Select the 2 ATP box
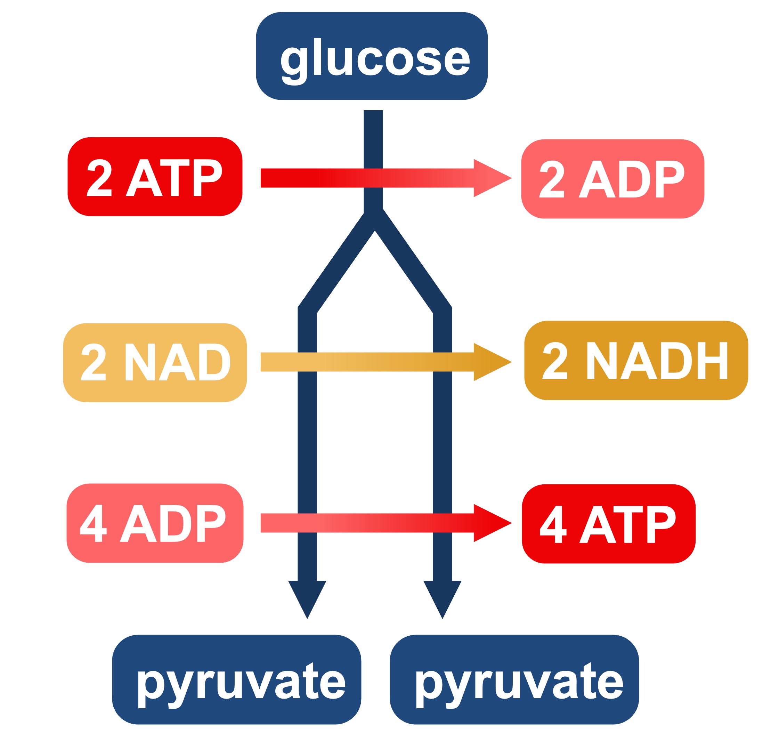(x=155, y=176)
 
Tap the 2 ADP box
(x=612, y=179)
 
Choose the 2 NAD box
(x=155, y=363)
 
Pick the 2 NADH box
(x=636, y=360)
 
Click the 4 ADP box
(x=155, y=523)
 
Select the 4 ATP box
(x=608, y=524)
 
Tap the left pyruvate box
(x=236, y=679)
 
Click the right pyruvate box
(x=514, y=679)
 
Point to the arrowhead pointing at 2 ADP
(x=490, y=178)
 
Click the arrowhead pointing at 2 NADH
(x=490, y=362)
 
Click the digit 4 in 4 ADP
(x=94, y=523)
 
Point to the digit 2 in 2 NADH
(x=555, y=361)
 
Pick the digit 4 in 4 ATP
(x=553, y=524)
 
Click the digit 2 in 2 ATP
(x=99, y=178)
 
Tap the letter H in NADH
(x=712, y=361)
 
